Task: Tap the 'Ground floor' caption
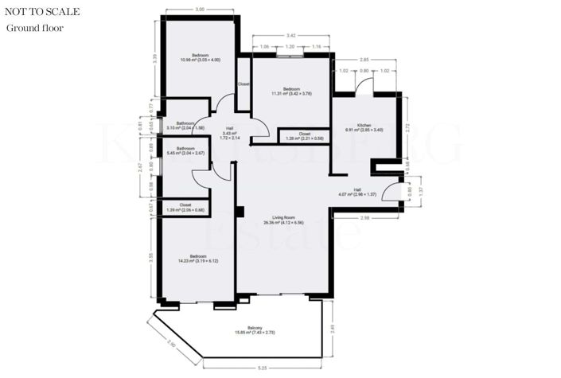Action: pos(35,29)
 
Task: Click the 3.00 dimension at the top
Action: pos(199,9)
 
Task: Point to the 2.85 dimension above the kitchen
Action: pos(364,60)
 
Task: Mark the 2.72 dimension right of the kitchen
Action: pos(407,126)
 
